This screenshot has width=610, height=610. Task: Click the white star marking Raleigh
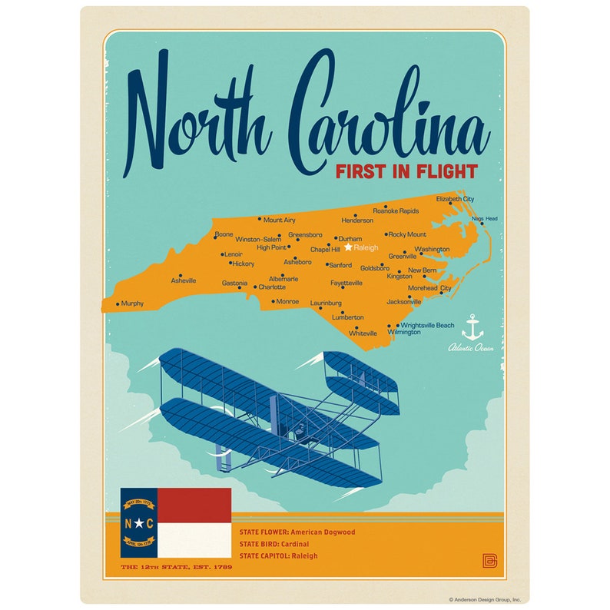point(348,247)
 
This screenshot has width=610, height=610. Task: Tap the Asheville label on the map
point(184,281)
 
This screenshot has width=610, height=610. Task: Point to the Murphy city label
point(132,303)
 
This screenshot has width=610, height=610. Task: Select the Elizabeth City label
point(455,199)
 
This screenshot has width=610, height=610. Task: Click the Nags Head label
point(485,219)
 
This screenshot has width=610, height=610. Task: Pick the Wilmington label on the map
point(404,332)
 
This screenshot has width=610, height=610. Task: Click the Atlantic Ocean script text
point(471,348)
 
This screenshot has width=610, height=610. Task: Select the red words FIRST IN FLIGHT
point(406,171)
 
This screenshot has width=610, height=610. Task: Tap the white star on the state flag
point(138,523)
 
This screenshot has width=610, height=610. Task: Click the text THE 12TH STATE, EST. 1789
point(177,568)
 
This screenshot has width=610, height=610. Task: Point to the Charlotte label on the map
point(272,287)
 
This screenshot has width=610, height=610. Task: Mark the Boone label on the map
point(224,234)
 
